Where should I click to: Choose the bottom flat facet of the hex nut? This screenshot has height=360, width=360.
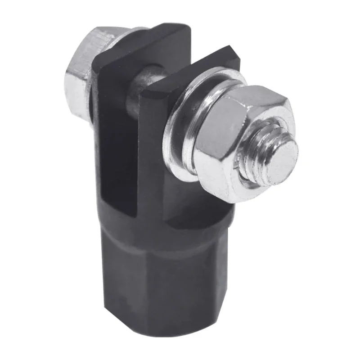click(234, 193)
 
